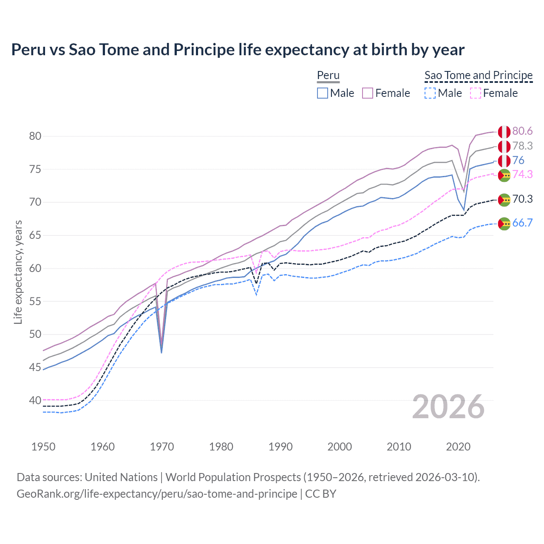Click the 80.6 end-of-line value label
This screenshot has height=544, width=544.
tap(522, 131)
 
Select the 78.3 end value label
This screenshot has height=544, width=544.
tap(522, 146)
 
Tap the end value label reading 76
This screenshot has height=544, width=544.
tap(518, 160)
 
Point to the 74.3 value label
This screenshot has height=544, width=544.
tap(522, 174)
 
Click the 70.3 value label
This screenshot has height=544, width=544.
tap(522, 199)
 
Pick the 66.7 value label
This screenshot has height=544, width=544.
tap(522, 223)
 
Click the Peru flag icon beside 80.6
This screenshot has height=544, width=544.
tap(504, 132)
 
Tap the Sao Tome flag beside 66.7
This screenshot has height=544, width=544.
tap(504, 224)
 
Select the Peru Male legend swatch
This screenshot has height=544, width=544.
tap(323, 93)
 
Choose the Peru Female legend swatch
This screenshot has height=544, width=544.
tap(368, 93)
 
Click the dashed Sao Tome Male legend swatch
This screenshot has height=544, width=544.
tap(430, 93)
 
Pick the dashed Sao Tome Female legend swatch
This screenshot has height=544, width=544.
tap(475, 93)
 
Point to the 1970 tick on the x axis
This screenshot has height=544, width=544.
tap(162, 447)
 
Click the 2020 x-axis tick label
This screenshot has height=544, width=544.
tap(458, 447)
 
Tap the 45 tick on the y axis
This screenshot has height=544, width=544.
tap(35, 367)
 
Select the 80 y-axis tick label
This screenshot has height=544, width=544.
tap(35, 136)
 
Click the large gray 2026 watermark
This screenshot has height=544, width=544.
tap(448, 407)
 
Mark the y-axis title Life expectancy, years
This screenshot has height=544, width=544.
tap(18, 272)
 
